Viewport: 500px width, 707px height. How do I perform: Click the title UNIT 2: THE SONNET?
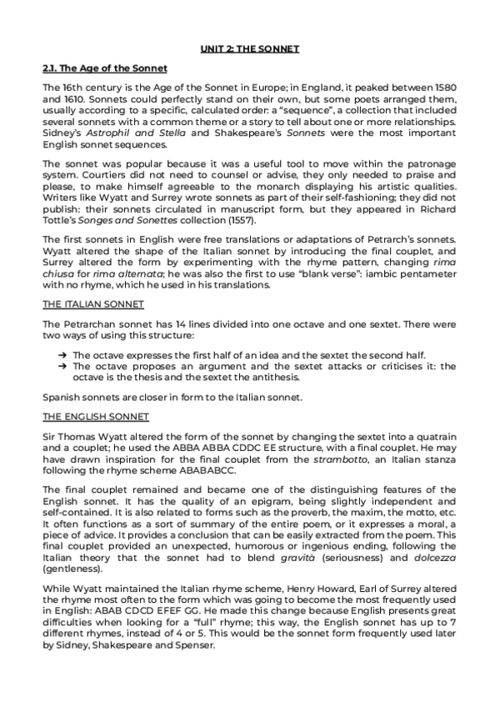coord(249,49)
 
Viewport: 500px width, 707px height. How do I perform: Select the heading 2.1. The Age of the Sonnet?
coord(105,68)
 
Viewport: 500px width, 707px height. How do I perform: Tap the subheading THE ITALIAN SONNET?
coord(93,304)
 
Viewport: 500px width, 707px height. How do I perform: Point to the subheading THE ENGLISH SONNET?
coord(96,416)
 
